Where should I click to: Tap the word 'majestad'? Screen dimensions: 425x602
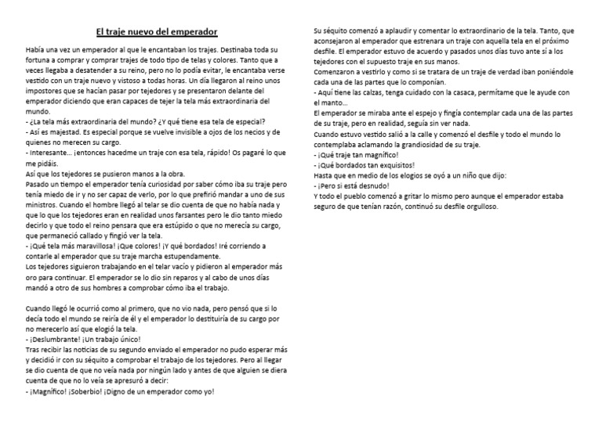pyautogui.click(x=66, y=134)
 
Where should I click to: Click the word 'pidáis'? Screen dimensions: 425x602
pyautogui.click(x=42, y=166)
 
